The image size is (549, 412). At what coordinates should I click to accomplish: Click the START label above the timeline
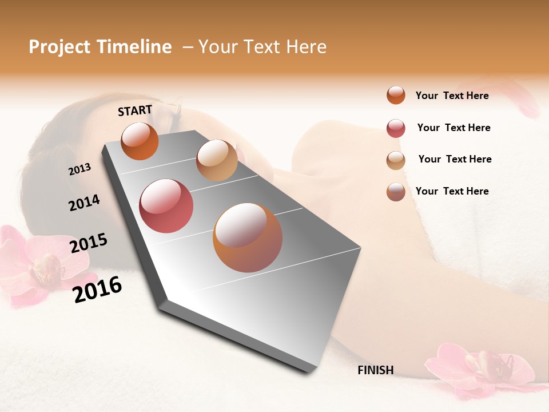(x=135, y=110)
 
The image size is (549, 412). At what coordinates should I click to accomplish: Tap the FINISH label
(x=375, y=370)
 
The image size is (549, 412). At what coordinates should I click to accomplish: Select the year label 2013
(x=79, y=169)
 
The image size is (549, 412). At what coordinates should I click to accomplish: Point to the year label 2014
(x=84, y=203)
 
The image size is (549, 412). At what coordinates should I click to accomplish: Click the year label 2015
(x=89, y=243)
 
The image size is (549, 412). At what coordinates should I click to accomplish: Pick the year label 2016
(x=97, y=290)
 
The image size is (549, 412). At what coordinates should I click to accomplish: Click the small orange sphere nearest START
(x=140, y=141)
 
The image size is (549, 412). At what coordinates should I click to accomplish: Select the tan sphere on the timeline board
(x=217, y=160)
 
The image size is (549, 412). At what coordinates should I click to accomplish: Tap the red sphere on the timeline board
(x=166, y=206)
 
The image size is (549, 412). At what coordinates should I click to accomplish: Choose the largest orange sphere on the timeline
(x=248, y=237)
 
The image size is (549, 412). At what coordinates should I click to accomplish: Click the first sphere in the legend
(x=396, y=95)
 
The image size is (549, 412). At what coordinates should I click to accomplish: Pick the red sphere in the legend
(x=396, y=128)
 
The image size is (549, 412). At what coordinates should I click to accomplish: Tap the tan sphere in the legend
(x=396, y=160)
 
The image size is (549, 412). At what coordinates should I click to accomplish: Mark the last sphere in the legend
(x=396, y=192)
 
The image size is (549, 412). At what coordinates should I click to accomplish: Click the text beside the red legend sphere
(x=453, y=128)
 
